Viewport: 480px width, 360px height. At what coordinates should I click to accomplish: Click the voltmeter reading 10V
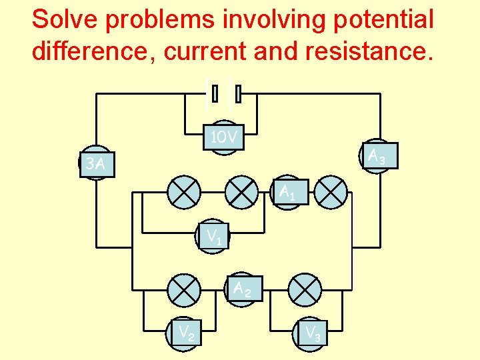click(224, 138)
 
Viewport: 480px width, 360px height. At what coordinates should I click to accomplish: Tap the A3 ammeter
click(377, 157)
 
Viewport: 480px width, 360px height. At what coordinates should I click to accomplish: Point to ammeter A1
click(288, 193)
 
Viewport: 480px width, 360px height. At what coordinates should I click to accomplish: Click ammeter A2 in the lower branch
click(243, 289)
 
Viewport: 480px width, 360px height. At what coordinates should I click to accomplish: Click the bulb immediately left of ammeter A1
click(241, 193)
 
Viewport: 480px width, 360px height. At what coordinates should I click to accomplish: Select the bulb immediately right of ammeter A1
click(331, 193)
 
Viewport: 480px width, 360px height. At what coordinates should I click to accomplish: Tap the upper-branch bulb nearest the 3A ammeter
click(184, 193)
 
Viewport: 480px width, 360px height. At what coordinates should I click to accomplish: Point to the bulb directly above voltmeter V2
click(184, 289)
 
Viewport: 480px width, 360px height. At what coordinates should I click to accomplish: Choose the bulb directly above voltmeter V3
click(305, 289)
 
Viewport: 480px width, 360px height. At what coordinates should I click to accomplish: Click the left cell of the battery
click(213, 94)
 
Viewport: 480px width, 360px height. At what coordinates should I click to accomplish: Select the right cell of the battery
click(237, 94)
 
